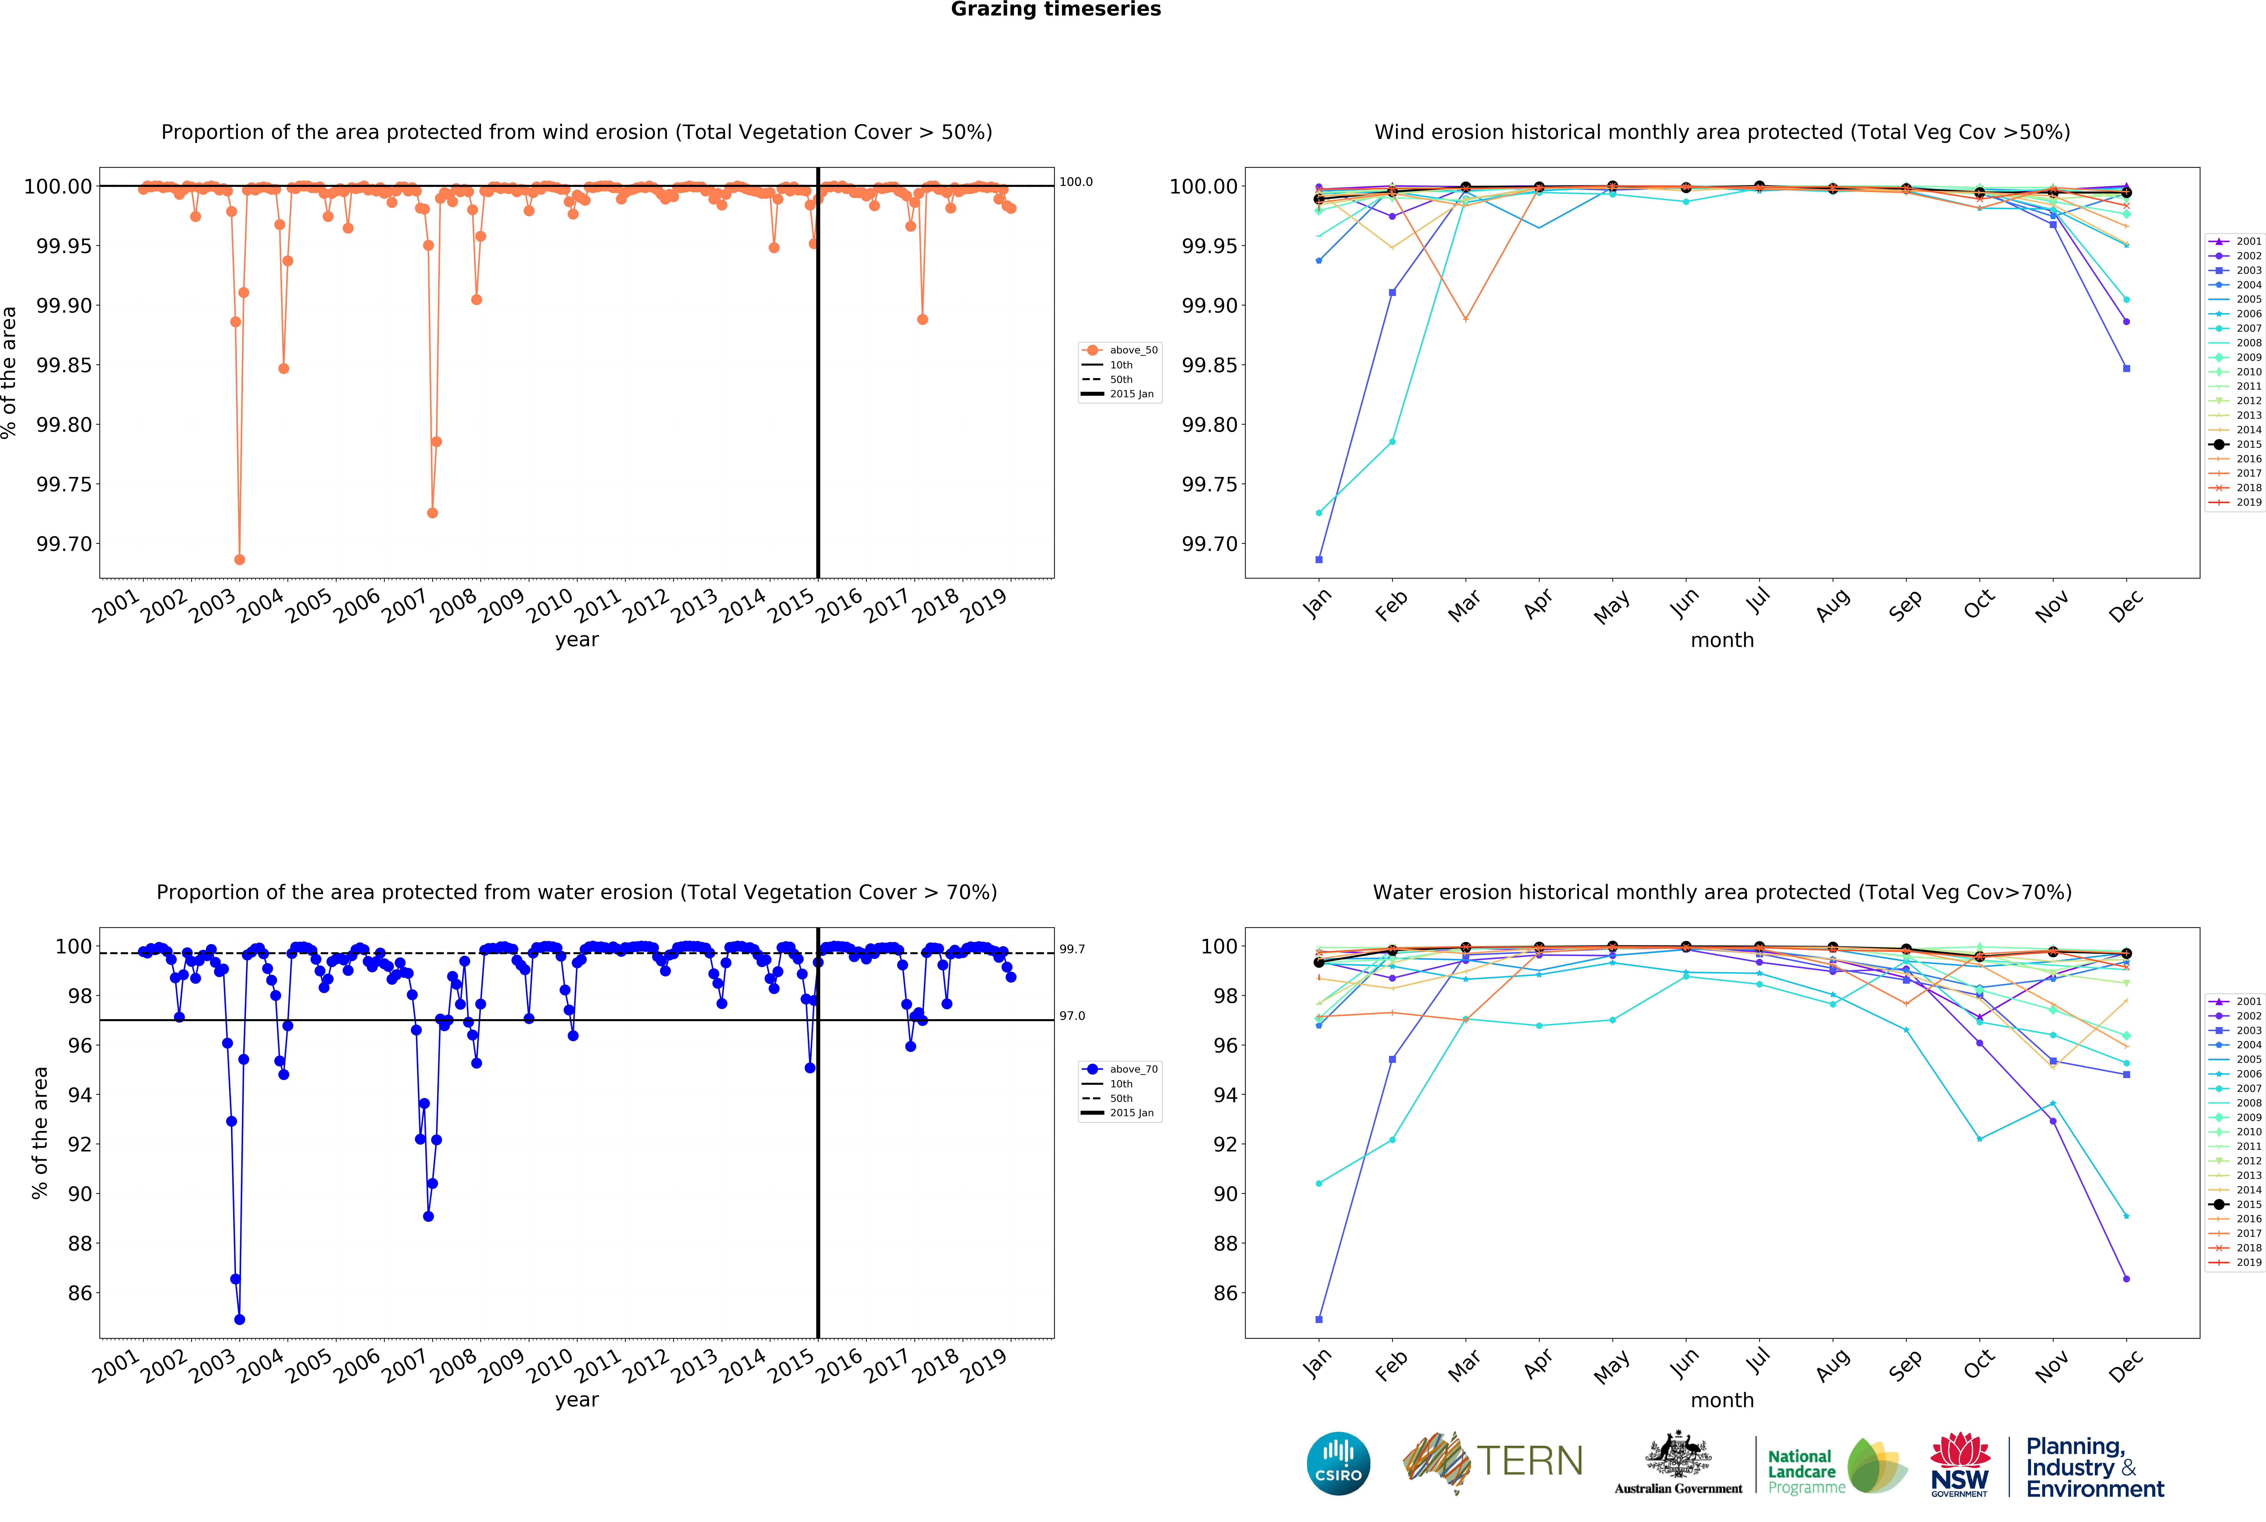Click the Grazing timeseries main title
[x=1055, y=10]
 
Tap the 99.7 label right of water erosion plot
[x=1072, y=949]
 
